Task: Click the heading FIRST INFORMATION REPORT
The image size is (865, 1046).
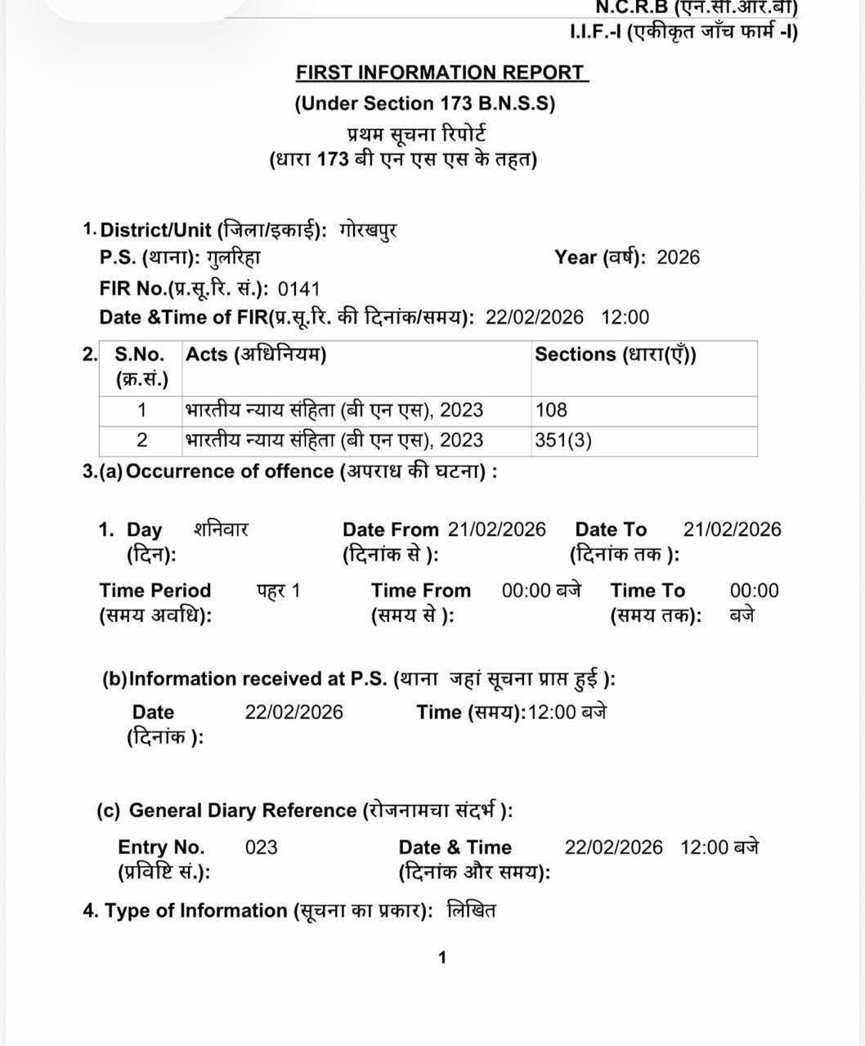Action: (441, 73)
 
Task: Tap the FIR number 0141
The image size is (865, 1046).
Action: (299, 288)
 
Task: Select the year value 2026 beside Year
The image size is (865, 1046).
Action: (678, 257)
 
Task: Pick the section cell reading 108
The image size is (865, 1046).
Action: (551, 409)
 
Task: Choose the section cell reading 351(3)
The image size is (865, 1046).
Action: (563, 440)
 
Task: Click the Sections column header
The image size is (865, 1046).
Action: (615, 355)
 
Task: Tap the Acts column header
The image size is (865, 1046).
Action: (256, 355)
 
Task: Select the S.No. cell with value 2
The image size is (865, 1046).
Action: (141, 440)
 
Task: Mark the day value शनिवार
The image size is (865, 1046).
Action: (221, 530)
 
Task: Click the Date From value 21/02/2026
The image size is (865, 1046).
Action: (496, 530)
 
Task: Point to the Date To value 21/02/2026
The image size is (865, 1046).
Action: (732, 530)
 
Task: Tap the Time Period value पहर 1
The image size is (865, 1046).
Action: (279, 590)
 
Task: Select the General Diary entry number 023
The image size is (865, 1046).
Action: (262, 847)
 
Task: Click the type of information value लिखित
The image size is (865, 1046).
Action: (472, 910)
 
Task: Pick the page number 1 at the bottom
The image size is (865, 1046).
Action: (442, 958)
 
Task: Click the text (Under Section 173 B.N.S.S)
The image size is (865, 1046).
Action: (424, 104)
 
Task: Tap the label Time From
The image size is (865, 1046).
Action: (421, 590)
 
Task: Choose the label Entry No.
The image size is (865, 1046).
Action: (161, 847)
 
